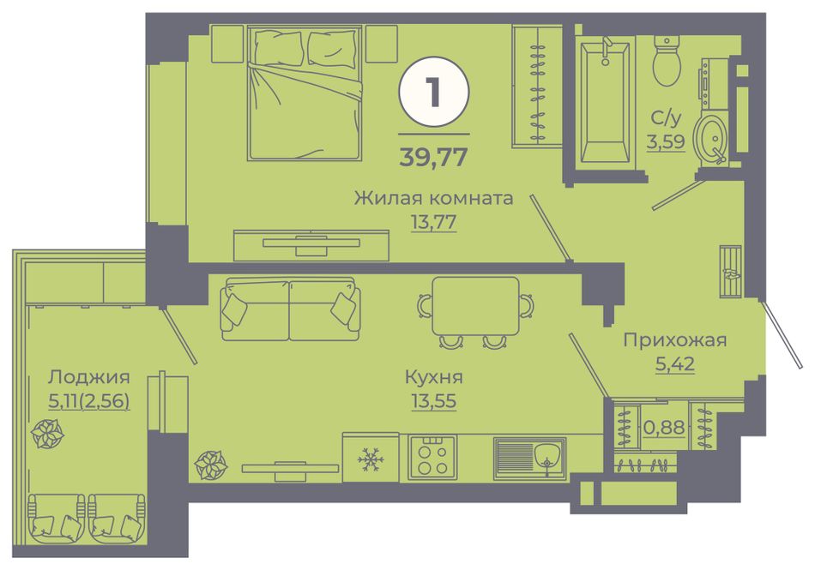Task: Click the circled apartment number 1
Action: [x=433, y=92]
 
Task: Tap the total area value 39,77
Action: [x=433, y=156]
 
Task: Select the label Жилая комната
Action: [x=433, y=198]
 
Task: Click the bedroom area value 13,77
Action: [x=433, y=222]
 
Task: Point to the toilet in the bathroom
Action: [x=667, y=60]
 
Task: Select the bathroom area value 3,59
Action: [x=666, y=141]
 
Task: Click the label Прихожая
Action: [x=674, y=340]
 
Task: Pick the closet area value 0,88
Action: [x=664, y=427]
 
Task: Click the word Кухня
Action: [x=433, y=377]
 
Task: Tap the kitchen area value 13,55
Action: [x=433, y=401]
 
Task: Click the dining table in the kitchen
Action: [x=475, y=306]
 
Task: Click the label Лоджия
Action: [x=89, y=377]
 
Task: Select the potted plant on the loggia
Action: [x=47, y=433]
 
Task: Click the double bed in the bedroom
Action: [x=305, y=94]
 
